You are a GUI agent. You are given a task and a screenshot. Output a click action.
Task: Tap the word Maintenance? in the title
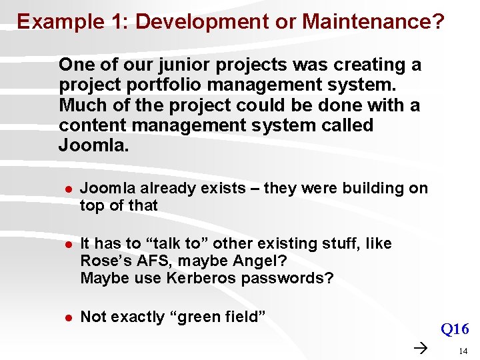[373, 22]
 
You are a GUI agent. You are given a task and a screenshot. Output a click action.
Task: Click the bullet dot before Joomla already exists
[67, 189]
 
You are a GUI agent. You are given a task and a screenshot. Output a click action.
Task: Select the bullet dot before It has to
[67, 245]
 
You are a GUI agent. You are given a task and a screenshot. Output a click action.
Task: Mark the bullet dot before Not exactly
[67, 318]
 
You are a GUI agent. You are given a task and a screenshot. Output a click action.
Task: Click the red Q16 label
[455, 329]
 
